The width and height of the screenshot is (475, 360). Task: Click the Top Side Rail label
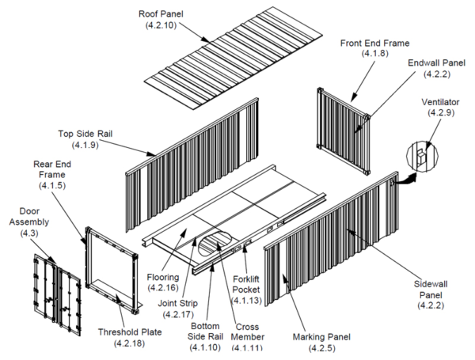(85, 134)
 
